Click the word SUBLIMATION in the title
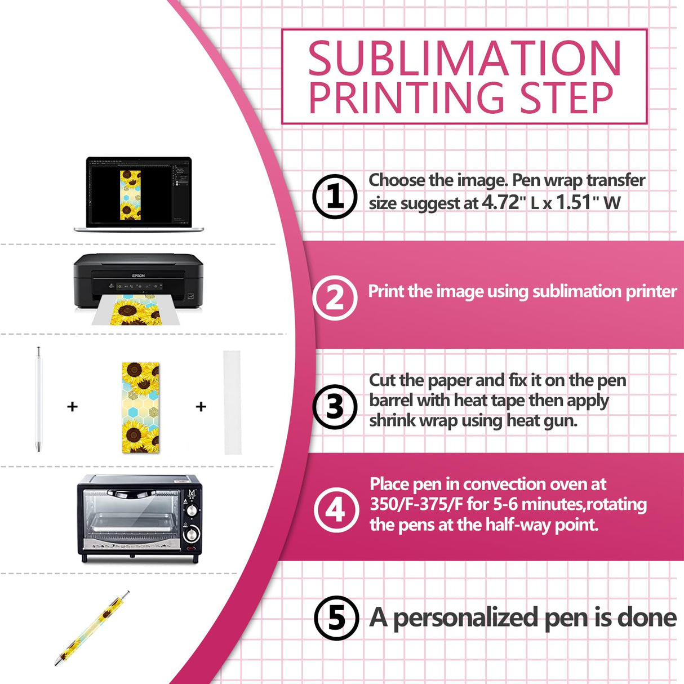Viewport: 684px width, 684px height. point(464,59)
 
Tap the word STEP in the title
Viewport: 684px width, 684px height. point(566,99)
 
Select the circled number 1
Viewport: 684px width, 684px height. point(335,197)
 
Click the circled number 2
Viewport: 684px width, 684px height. point(335,298)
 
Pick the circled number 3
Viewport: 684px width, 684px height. point(335,407)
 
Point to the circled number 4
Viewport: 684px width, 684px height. point(336,510)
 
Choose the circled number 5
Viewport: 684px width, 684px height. point(336,618)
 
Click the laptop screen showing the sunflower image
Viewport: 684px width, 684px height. point(139,193)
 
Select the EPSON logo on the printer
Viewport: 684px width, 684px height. point(139,276)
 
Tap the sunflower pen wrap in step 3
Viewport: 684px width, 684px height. point(140,407)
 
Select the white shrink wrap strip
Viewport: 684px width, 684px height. point(232,402)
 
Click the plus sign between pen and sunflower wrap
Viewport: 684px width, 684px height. point(72,406)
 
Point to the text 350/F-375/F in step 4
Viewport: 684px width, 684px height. point(416,504)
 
